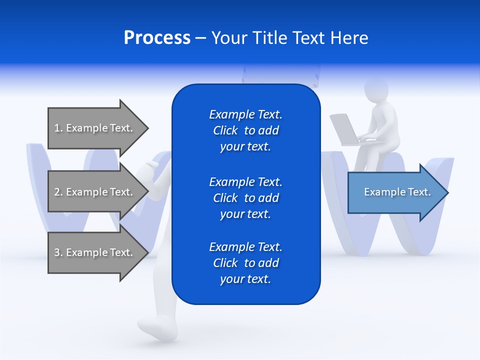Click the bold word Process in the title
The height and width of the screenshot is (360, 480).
pos(157,38)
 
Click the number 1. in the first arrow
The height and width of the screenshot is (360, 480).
pos(58,128)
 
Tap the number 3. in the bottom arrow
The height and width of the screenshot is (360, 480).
pos(58,252)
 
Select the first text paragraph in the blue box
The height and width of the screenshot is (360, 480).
pos(245,130)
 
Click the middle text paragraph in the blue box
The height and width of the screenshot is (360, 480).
pos(245,197)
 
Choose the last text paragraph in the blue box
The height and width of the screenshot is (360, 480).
pos(245,263)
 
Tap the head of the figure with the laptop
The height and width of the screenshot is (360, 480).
pos(376,90)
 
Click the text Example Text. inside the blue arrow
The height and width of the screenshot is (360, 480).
pos(397,192)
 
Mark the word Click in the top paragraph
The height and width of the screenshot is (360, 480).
pos(225,130)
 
